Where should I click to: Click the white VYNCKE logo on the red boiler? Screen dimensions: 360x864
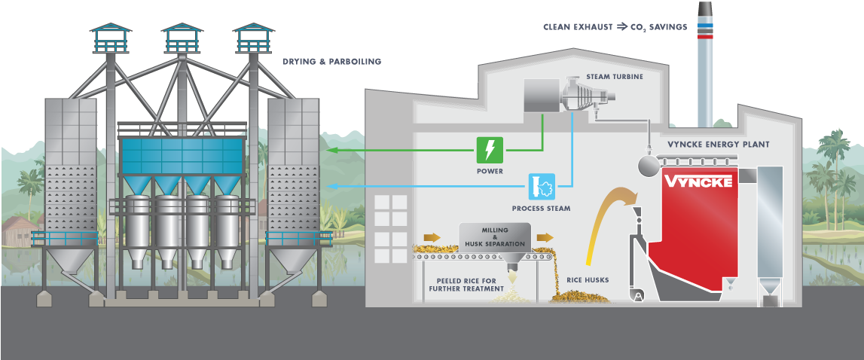pyautogui.click(x=698, y=182)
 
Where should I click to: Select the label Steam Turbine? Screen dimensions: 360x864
pyautogui.click(x=615, y=77)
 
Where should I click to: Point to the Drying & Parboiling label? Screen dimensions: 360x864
pyautogui.click(x=331, y=62)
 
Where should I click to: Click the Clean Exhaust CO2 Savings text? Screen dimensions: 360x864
pyautogui.click(x=615, y=27)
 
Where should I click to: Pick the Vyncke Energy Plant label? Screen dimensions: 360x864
pyautogui.click(x=719, y=144)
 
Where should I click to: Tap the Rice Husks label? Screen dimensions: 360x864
pyautogui.click(x=588, y=281)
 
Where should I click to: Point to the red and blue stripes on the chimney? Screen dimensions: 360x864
pyautogui.click(x=705, y=31)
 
